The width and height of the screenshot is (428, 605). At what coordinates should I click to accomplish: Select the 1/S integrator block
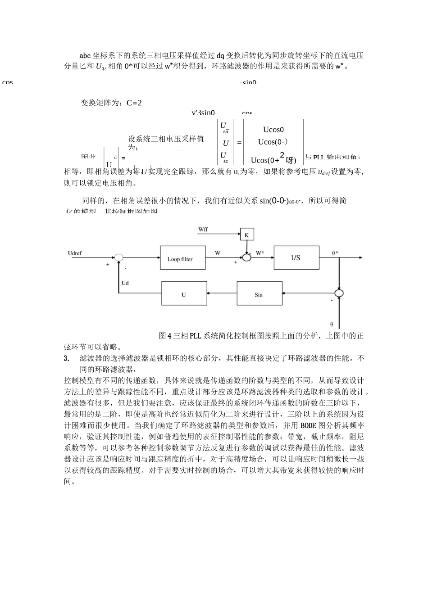(x=296, y=257)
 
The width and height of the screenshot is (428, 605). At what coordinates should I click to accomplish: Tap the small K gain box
(x=247, y=235)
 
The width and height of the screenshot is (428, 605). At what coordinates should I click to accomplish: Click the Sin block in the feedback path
(x=259, y=294)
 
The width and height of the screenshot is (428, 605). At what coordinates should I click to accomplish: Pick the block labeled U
(x=184, y=294)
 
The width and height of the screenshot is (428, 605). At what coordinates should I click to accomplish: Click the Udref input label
(x=75, y=253)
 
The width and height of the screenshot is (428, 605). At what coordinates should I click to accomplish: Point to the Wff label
(x=203, y=230)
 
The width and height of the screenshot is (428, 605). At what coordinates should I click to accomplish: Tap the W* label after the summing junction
(x=260, y=253)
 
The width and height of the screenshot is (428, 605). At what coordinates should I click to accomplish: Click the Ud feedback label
(x=125, y=283)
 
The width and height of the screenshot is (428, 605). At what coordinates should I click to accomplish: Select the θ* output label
(x=335, y=253)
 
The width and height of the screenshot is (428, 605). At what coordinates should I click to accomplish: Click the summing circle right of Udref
(x=118, y=257)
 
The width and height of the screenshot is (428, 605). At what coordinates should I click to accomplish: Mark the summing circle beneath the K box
(x=247, y=257)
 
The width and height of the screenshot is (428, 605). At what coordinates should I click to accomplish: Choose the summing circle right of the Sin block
(x=339, y=293)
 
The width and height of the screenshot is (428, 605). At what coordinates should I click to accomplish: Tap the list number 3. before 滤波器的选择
(x=67, y=358)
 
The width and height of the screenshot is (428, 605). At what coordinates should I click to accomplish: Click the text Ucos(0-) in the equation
(x=273, y=142)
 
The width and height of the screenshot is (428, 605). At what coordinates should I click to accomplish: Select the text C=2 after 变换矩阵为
(x=134, y=103)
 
